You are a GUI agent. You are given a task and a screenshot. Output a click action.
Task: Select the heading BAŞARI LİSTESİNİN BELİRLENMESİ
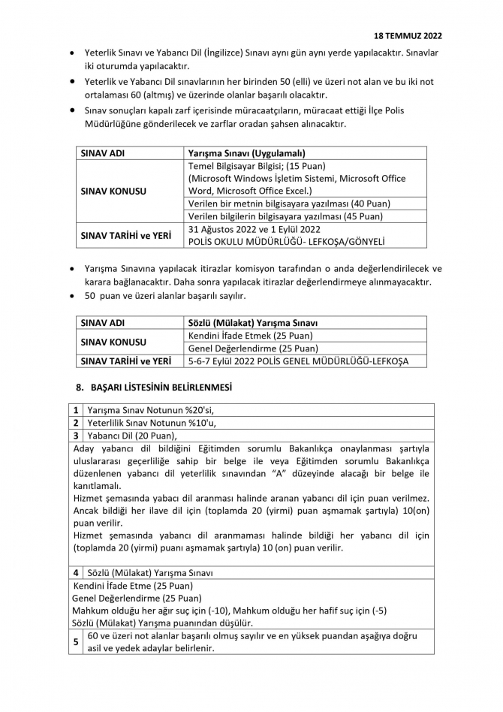pyautogui.click(x=161, y=388)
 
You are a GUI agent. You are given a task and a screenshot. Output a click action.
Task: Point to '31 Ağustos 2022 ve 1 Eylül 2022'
pyautogui.click(x=255, y=229)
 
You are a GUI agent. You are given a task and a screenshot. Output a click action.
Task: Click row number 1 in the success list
pyautogui.click(x=76, y=410)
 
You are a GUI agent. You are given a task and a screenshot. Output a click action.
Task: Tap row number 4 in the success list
pyautogui.click(x=76, y=572)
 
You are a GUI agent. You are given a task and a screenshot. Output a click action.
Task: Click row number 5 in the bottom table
pyautogui.click(x=76, y=642)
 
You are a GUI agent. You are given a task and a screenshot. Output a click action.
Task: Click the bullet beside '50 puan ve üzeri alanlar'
pyautogui.click(x=71, y=295)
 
